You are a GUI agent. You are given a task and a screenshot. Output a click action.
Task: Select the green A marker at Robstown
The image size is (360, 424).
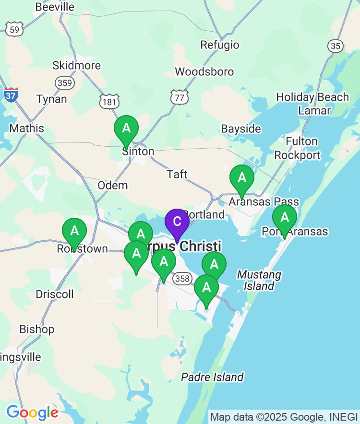(x=74, y=231)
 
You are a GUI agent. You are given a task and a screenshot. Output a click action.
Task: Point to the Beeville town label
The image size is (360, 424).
(x=55, y=7)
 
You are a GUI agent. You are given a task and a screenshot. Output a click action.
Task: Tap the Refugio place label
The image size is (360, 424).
(x=220, y=45)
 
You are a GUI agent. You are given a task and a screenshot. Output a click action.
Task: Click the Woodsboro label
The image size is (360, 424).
(x=204, y=72)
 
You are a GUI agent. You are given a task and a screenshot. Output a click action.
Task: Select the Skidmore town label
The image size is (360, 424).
(x=76, y=65)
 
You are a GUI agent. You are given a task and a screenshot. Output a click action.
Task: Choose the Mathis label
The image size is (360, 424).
(x=26, y=129)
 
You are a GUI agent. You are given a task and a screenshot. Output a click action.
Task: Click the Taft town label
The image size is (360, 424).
(x=177, y=174)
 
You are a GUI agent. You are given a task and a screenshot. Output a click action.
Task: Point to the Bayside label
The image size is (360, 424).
(x=241, y=129)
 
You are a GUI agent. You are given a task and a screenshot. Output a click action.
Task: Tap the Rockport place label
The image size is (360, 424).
(x=297, y=155)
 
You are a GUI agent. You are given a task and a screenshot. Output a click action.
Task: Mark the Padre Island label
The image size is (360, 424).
(x=212, y=377)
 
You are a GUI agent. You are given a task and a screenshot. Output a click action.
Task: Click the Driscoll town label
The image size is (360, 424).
(x=55, y=294)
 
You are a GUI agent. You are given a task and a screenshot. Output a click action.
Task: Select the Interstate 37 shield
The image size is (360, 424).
(x=11, y=94)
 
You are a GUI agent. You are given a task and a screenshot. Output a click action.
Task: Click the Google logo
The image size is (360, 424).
(x=32, y=412)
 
